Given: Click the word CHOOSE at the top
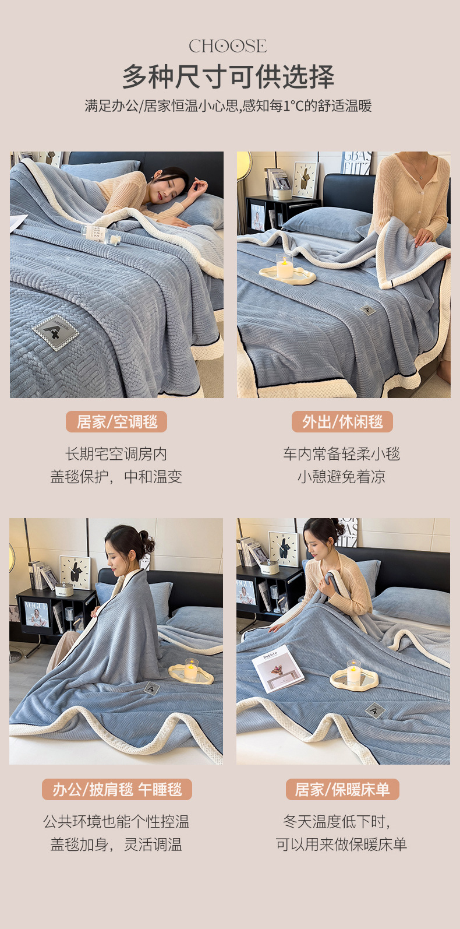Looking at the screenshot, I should click(x=228, y=46).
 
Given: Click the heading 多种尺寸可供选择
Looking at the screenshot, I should click(x=228, y=76).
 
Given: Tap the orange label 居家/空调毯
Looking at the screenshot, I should click(x=116, y=421).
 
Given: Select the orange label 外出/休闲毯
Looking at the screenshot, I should click(x=342, y=421).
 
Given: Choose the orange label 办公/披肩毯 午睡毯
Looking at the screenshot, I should click(x=117, y=790).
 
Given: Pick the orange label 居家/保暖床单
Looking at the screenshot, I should click(x=342, y=790).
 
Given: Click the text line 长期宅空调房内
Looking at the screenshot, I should click(x=116, y=454).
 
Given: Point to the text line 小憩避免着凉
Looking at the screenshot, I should click(x=342, y=477).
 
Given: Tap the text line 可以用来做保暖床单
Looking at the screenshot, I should click(x=342, y=844).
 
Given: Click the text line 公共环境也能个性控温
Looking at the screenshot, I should click(x=116, y=822).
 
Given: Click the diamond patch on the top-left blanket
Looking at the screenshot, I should click(x=56, y=332).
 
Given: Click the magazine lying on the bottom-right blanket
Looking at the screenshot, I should click(x=278, y=668).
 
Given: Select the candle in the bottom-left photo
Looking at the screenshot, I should click(x=190, y=668).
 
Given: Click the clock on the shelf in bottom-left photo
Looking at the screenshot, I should click(x=76, y=572).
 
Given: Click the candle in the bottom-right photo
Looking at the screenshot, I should click(x=353, y=673).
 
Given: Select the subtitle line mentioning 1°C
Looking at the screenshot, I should click(x=228, y=106).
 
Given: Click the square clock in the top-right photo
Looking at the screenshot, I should click(x=305, y=178).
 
